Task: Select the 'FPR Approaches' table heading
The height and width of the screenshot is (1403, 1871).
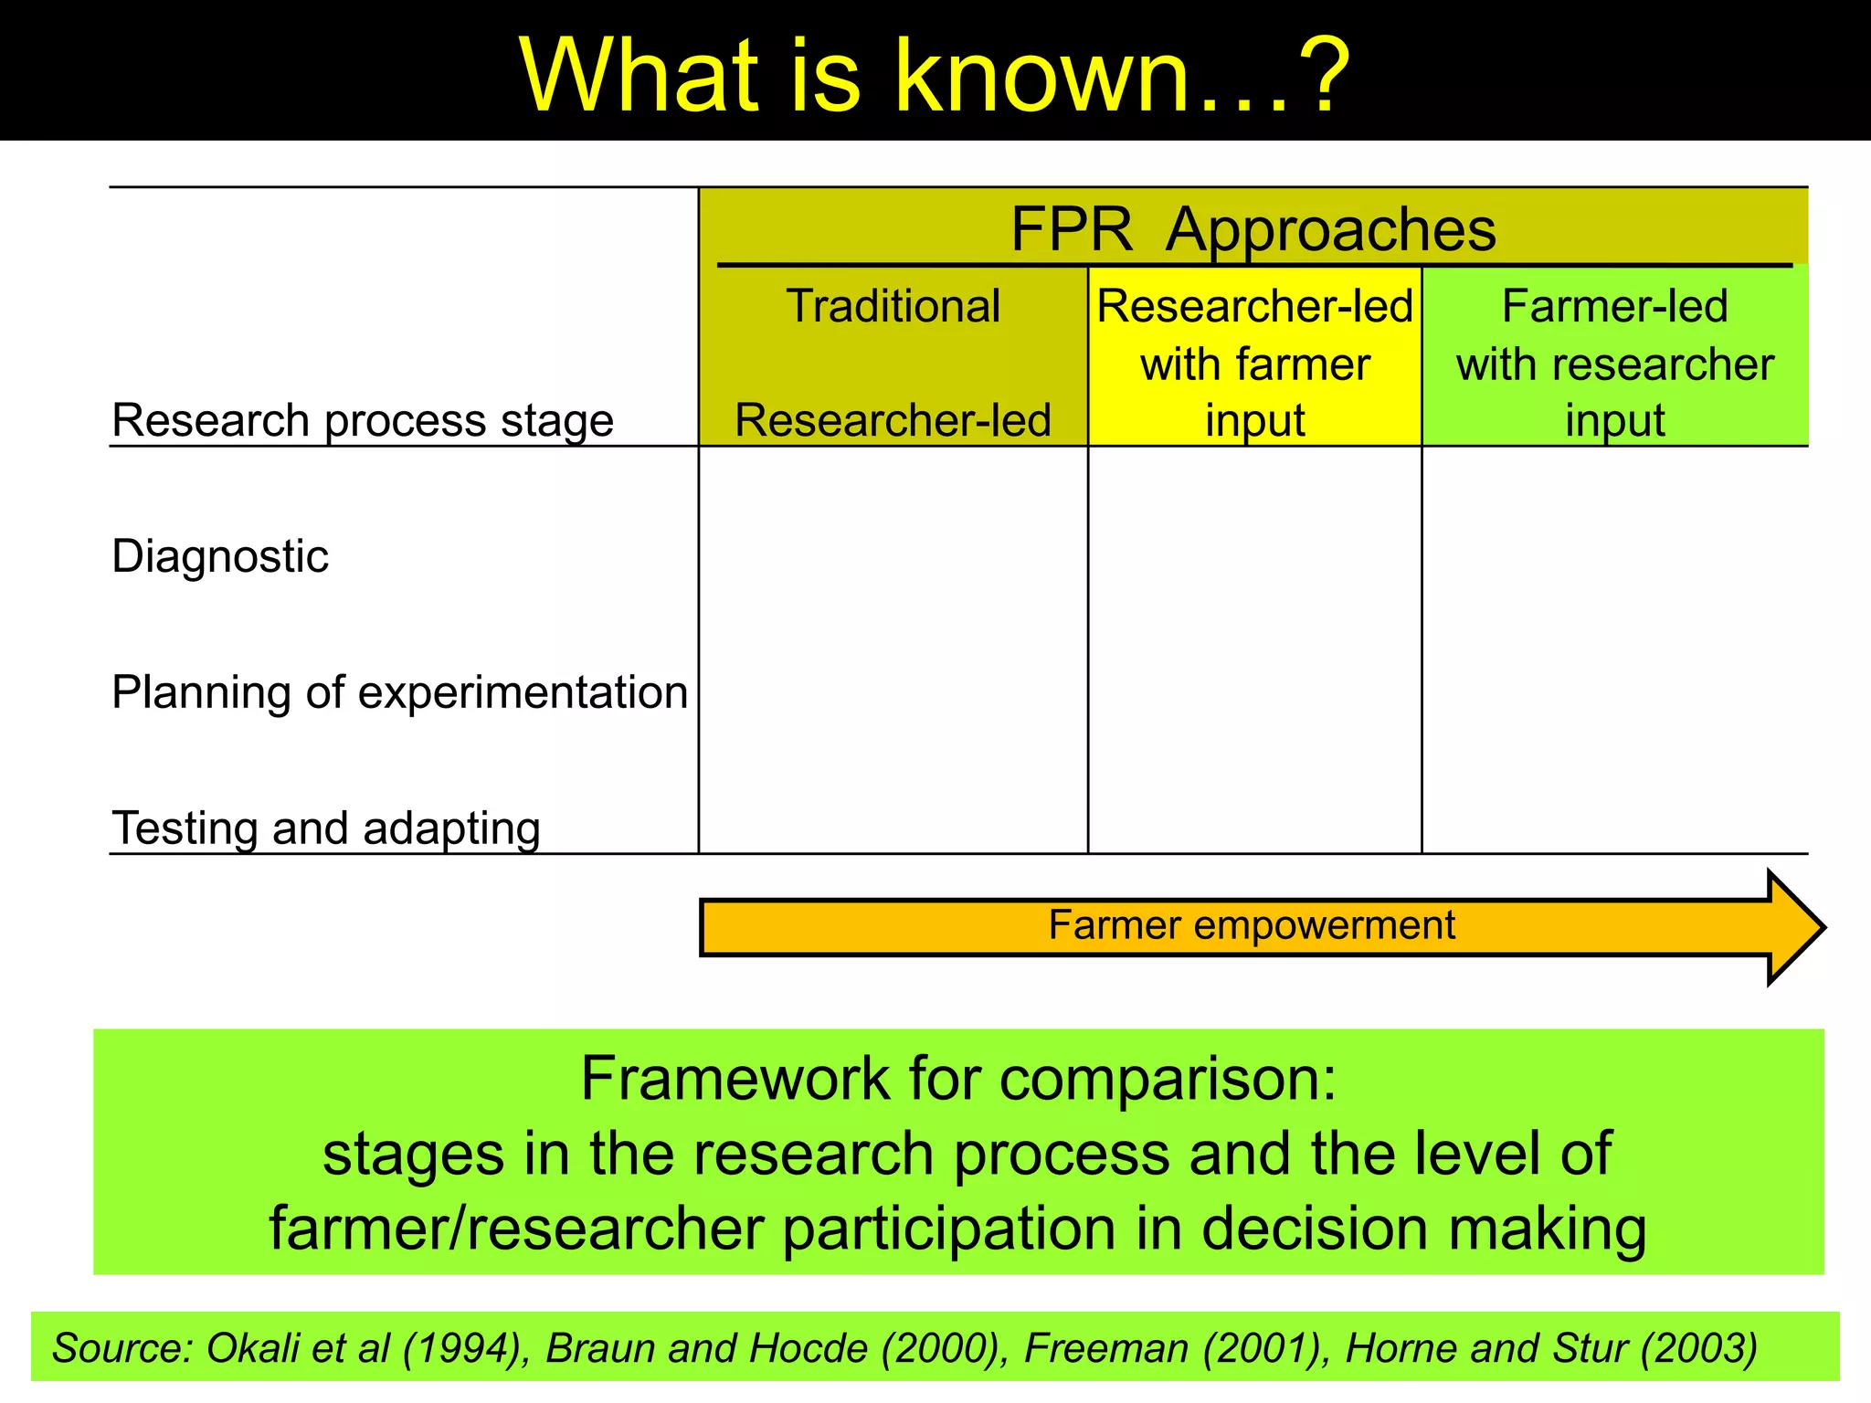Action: point(1253,228)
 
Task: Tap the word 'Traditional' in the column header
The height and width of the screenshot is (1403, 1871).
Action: point(893,306)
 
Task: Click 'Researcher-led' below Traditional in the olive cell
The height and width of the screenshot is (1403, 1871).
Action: point(893,420)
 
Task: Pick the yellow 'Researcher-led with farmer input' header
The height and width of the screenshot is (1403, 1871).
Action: point(1254,363)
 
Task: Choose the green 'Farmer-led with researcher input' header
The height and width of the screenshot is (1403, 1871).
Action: point(1614,363)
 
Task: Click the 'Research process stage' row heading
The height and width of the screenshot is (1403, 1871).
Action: point(362,420)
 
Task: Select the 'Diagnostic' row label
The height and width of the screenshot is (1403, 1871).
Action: point(219,556)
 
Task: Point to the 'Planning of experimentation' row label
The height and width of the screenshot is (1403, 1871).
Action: point(399,692)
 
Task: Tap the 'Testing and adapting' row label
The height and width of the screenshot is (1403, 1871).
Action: point(326,828)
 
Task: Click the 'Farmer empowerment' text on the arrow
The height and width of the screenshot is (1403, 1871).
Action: point(1251,925)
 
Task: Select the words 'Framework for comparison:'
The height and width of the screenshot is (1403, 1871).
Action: point(958,1079)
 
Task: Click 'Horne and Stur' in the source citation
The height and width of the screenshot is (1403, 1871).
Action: point(1485,1348)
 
